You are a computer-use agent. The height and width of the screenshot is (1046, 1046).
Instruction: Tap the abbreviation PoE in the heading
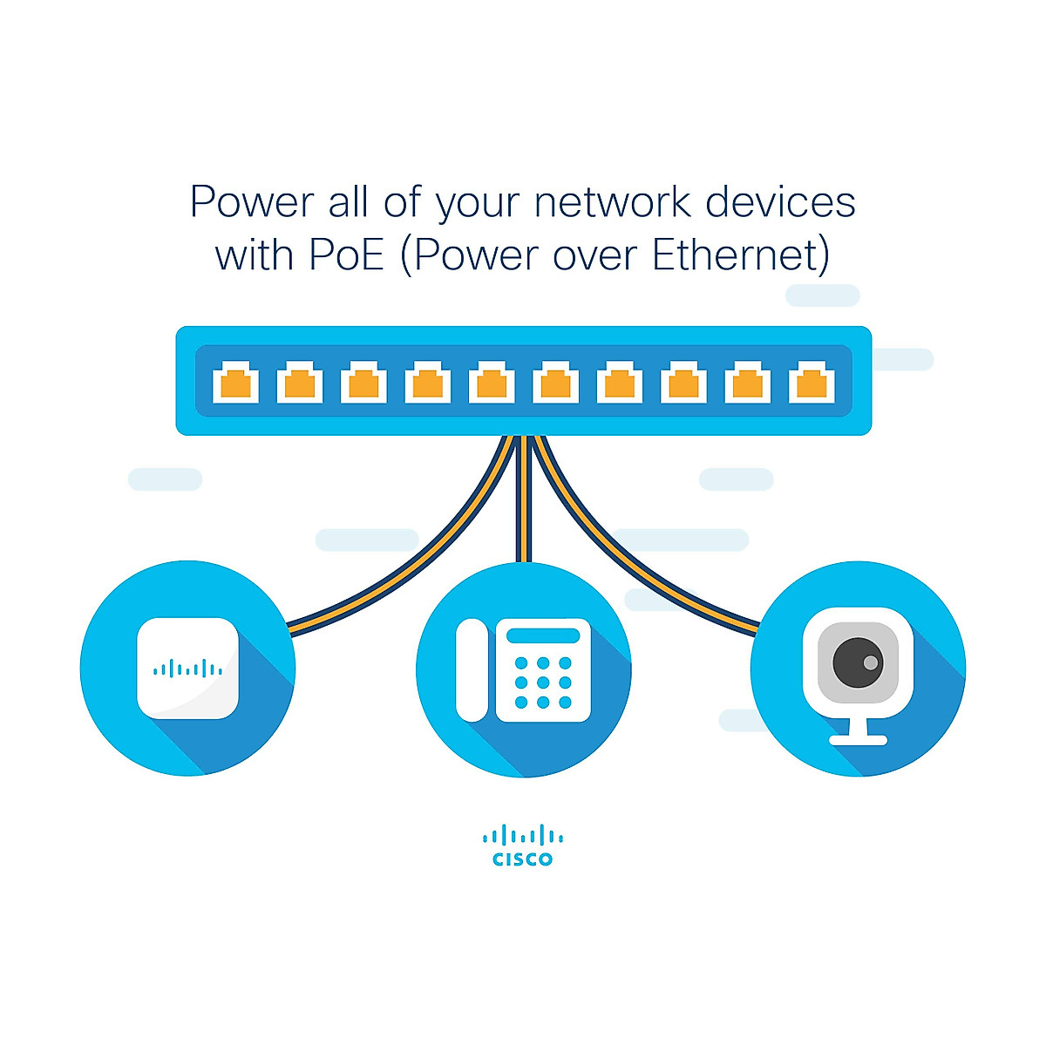(x=346, y=256)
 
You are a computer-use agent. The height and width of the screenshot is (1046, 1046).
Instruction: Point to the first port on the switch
(x=235, y=383)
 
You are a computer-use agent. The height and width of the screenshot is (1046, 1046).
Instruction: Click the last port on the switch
(x=812, y=383)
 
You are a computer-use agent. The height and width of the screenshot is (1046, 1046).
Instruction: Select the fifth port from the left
(x=492, y=383)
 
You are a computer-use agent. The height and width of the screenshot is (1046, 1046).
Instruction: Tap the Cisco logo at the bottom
(x=523, y=846)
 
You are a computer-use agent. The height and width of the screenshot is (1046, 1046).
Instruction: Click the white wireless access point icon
(x=187, y=669)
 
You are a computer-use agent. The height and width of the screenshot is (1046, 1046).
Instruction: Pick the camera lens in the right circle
(x=858, y=662)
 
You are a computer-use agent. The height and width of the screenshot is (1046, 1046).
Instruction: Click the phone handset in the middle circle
(x=472, y=669)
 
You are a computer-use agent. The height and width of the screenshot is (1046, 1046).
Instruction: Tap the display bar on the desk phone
(x=543, y=635)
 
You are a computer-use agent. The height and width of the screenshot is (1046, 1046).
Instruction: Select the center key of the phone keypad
(x=543, y=683)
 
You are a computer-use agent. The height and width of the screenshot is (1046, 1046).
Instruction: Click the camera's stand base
(x=858, y=740)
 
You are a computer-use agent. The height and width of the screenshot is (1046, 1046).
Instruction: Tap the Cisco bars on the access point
(x=187, y=669)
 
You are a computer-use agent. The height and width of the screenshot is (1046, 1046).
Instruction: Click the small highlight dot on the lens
(x=870, y=662)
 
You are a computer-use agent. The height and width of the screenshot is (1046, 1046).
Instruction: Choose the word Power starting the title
(x=252, y=202)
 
